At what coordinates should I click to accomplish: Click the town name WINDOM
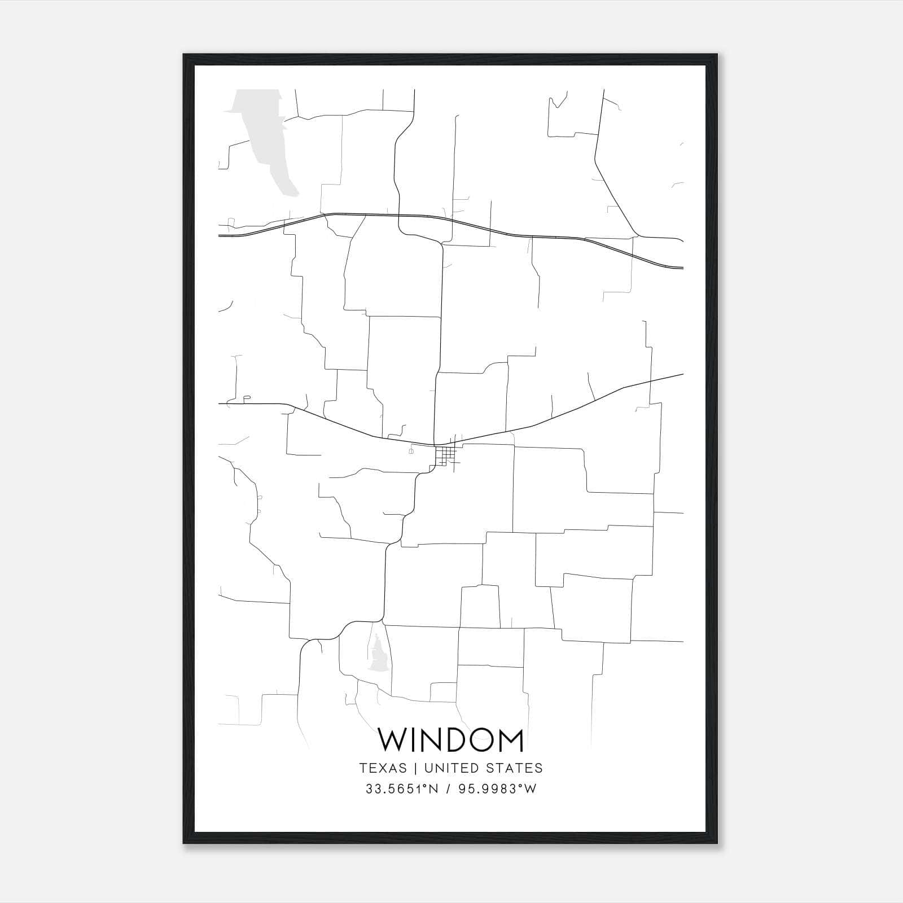450,740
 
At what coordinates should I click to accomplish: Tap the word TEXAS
383,768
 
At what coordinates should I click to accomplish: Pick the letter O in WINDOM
478,740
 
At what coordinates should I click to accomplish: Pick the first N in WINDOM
428,740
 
